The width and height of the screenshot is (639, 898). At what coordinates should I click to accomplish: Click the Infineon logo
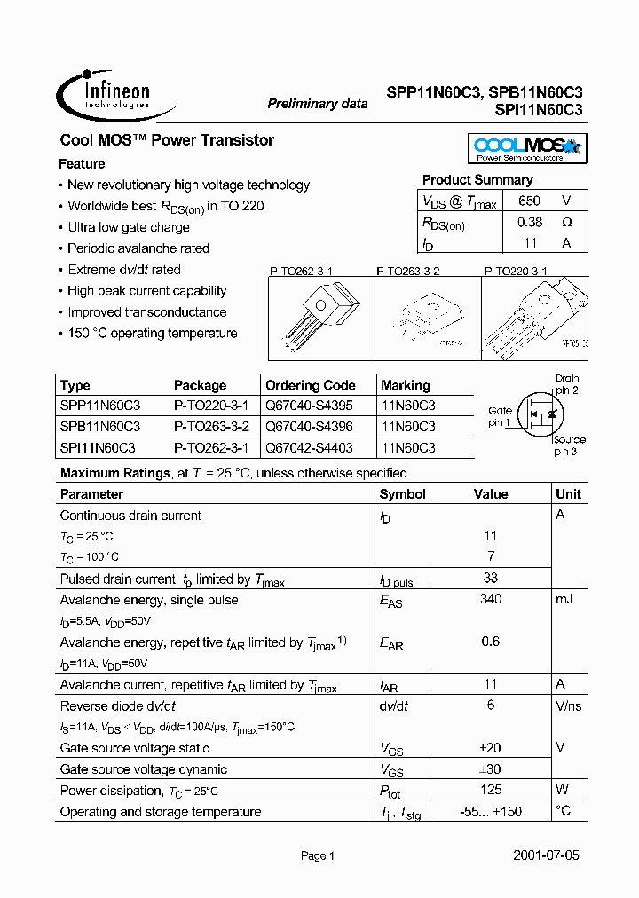coord(104,94)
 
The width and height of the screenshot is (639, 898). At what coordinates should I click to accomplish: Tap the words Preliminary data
coord(318,104)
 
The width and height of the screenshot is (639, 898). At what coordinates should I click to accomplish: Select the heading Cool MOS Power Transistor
coord(167,140)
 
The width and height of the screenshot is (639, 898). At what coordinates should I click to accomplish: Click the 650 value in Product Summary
coord(529,201)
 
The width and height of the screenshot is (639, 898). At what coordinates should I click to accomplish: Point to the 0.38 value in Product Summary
coord(529,223)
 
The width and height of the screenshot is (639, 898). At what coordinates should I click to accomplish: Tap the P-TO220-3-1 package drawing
coord(535,319)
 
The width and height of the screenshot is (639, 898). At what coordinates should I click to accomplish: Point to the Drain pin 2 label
coord(566,384)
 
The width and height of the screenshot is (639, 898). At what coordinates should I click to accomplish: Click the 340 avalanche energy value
coord(490,599)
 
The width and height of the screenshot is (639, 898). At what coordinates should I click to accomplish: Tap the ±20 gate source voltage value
coord(490,747)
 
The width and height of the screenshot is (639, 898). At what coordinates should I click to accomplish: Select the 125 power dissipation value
coord(490,789)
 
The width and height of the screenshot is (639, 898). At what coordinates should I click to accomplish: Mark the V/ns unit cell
coord(567,705)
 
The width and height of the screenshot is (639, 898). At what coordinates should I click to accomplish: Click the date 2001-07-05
coord(546,856)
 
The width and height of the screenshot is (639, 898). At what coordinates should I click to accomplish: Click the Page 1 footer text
coord(318,856)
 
